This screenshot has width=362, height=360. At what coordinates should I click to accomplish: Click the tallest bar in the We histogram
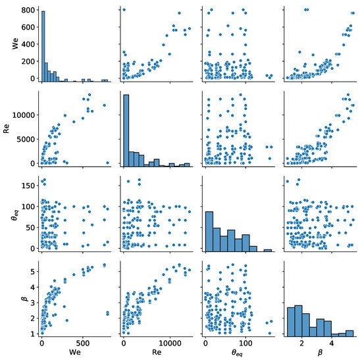[x=43, y=46]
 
